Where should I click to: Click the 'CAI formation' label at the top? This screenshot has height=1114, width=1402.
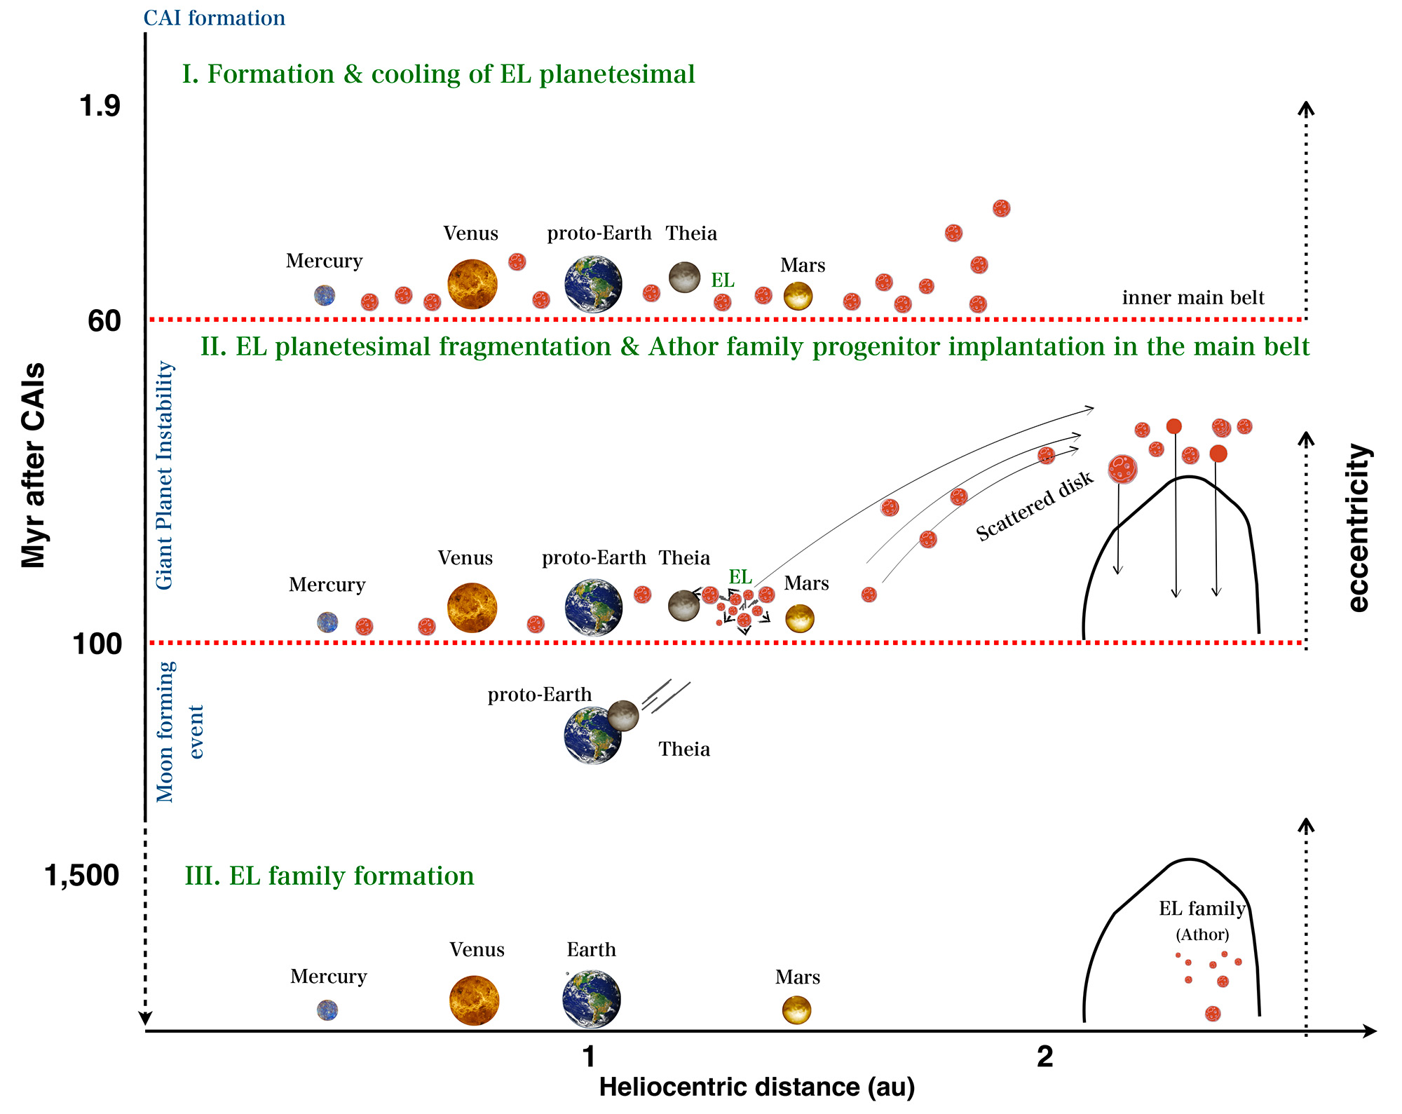[214, 18]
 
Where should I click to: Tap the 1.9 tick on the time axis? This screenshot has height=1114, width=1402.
[100, 106]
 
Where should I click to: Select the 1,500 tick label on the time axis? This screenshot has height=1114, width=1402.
[82, 876]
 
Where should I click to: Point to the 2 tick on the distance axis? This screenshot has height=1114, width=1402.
[1044, 1057]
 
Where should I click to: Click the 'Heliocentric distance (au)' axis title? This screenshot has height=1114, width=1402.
[757, 1087]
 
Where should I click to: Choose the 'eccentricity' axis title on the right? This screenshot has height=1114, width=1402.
[1359, 527]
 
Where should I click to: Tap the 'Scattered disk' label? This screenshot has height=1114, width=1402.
[1035, 506]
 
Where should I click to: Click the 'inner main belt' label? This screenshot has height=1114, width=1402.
[1193, 298]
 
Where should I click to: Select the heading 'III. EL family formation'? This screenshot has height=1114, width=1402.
[329, 876]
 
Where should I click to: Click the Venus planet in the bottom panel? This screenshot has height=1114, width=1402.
[474, 1000]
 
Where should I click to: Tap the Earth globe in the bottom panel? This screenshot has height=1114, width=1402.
[592, 999]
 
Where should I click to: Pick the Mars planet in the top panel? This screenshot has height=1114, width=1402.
[798, 296]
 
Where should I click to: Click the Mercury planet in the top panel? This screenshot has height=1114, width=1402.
[324, 295]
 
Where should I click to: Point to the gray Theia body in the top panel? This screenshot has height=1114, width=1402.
[684, 278]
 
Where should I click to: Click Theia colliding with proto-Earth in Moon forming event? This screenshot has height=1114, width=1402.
[622, 715]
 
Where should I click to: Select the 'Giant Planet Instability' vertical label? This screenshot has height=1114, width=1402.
[164, 475]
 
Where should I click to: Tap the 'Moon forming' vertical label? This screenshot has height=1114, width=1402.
[165, 732]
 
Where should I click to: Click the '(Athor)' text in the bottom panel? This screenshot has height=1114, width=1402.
[1202, 935]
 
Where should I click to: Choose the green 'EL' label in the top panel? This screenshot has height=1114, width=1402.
[723, 280]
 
